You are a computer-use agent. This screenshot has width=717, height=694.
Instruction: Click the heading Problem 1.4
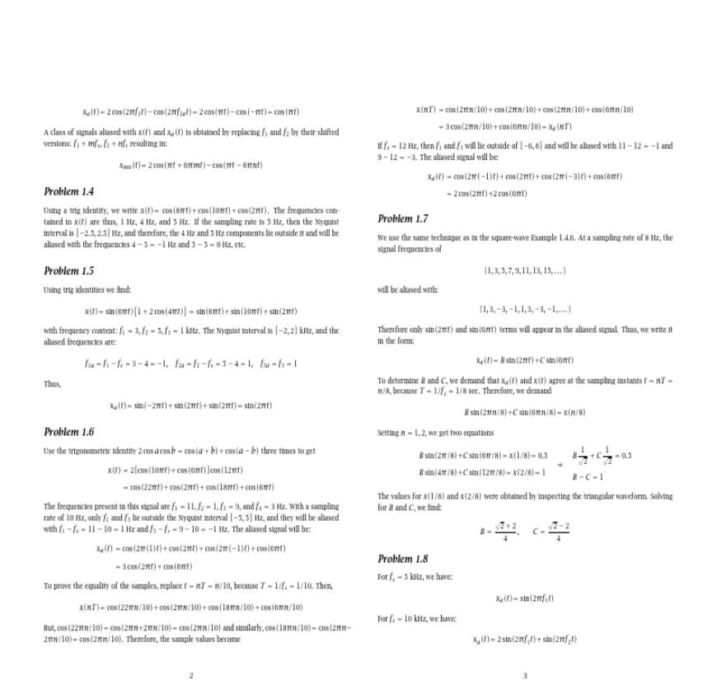[x=68, y=192]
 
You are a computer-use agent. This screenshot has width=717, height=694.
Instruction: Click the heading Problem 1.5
[x=68, y=271]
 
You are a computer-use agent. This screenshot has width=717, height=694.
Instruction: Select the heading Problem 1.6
[x=68, y=432]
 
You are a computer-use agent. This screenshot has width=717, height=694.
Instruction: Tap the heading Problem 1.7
[x=403, y=218]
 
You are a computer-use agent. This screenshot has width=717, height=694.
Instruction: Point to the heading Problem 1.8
[x=403, y=559]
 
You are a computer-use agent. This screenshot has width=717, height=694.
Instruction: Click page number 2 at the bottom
[x=191, y=677]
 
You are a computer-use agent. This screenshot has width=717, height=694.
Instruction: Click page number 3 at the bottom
[x=525, y=677]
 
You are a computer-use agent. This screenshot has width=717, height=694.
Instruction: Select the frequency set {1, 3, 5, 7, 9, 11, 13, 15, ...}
[x=525, y=270]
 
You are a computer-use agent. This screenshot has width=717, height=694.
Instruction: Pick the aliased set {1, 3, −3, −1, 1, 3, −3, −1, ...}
[x=525, y=309]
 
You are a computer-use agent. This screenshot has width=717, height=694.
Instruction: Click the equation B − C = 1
[x=588, y=476]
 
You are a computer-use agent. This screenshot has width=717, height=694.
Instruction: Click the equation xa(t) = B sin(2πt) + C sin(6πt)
[x=525, y=360]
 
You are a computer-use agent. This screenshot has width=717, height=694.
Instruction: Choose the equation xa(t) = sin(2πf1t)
[x=525, y=598]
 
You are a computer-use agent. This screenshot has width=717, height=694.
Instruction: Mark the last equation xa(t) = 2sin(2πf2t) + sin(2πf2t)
[x=525, y=639]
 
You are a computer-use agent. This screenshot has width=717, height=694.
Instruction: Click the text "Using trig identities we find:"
[x=87, y=289]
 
